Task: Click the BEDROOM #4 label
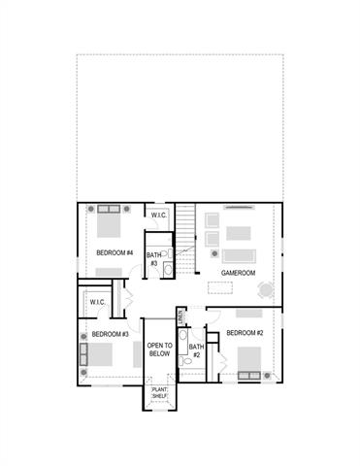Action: coord(115,253)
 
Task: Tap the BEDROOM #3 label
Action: coord(111,335)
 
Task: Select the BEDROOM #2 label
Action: coord(245,333)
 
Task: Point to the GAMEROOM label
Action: coord(238,274)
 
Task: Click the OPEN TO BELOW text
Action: coord(159,350)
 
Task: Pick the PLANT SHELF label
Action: coord(159,394)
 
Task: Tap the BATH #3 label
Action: coord(153,258)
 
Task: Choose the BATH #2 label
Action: coord(195,350)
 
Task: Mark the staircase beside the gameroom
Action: coord(185,230)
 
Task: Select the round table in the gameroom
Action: coord(267,288)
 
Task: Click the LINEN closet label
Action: coord(181,317)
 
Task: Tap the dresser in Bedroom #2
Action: coord(248,313)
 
